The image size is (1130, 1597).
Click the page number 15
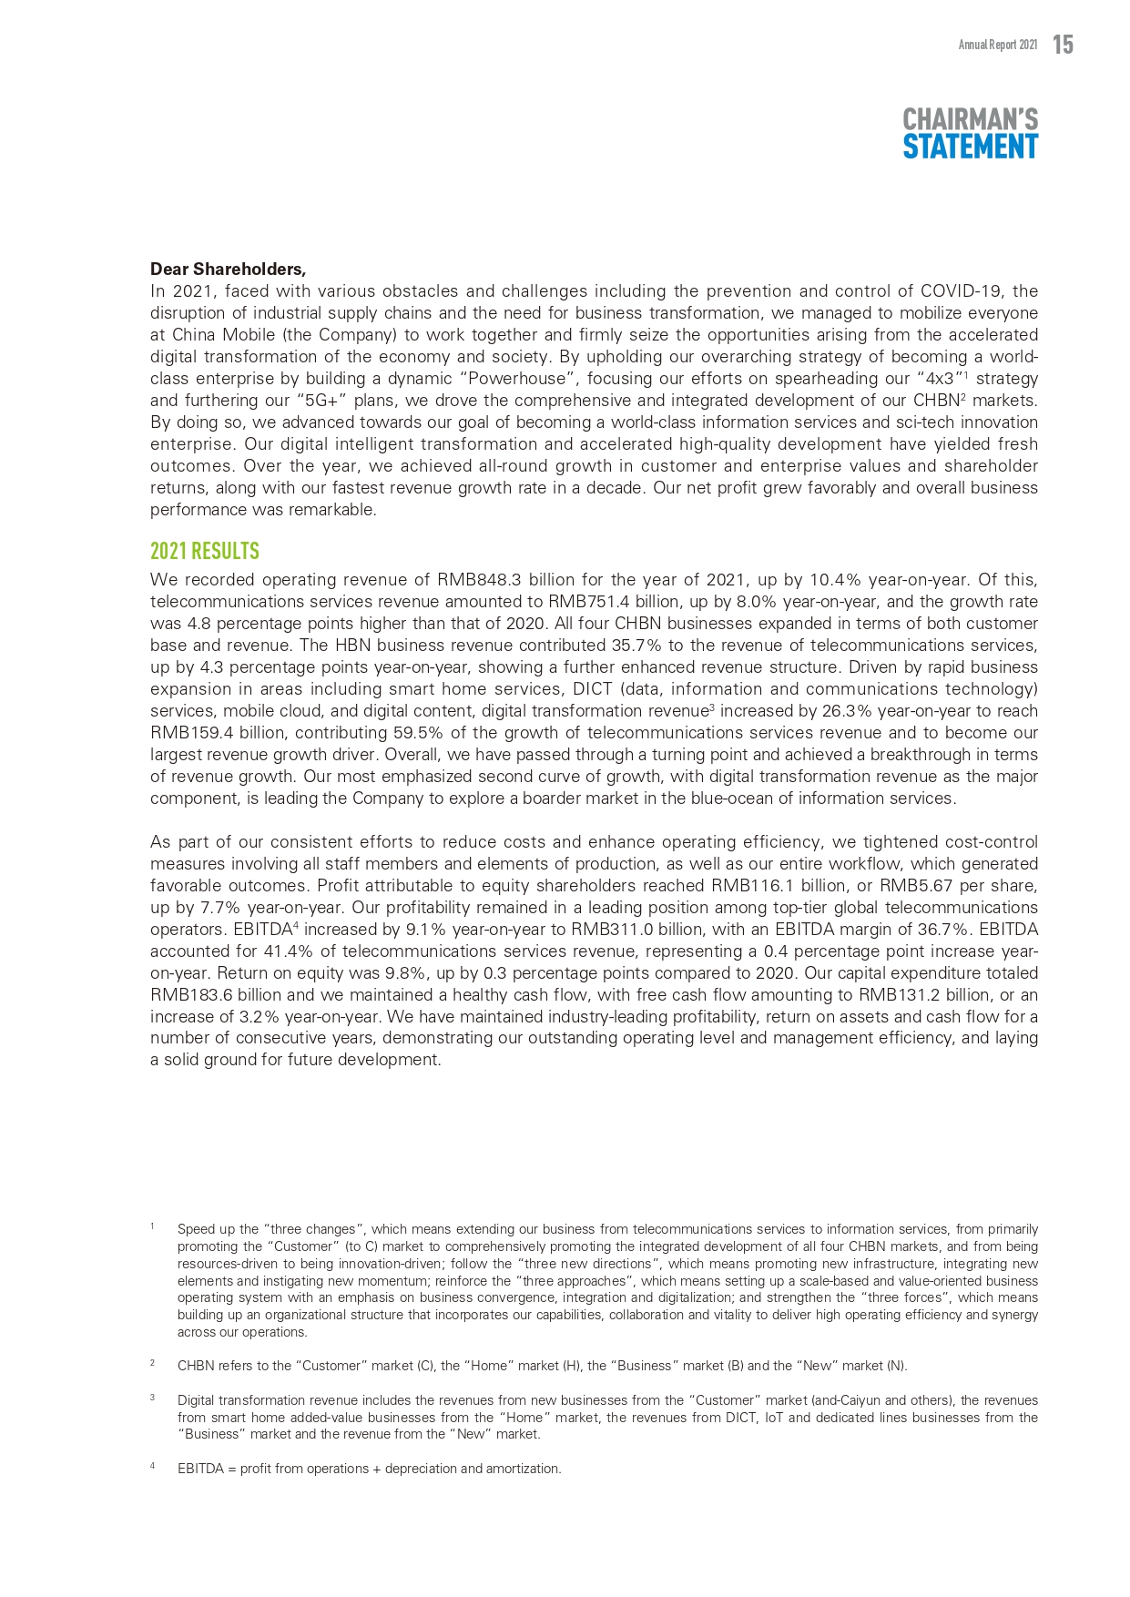pos(1063,44)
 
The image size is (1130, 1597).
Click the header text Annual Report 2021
pos(997,45)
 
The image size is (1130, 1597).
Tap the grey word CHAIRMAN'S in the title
pos(970,119)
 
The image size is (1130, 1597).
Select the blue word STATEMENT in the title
pos(970,147)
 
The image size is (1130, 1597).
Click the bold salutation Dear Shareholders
pos(228,269)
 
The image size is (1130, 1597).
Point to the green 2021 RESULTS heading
pos(205,551)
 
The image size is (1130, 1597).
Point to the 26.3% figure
pos(846,711)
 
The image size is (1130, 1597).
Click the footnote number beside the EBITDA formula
pos(152,1467)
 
